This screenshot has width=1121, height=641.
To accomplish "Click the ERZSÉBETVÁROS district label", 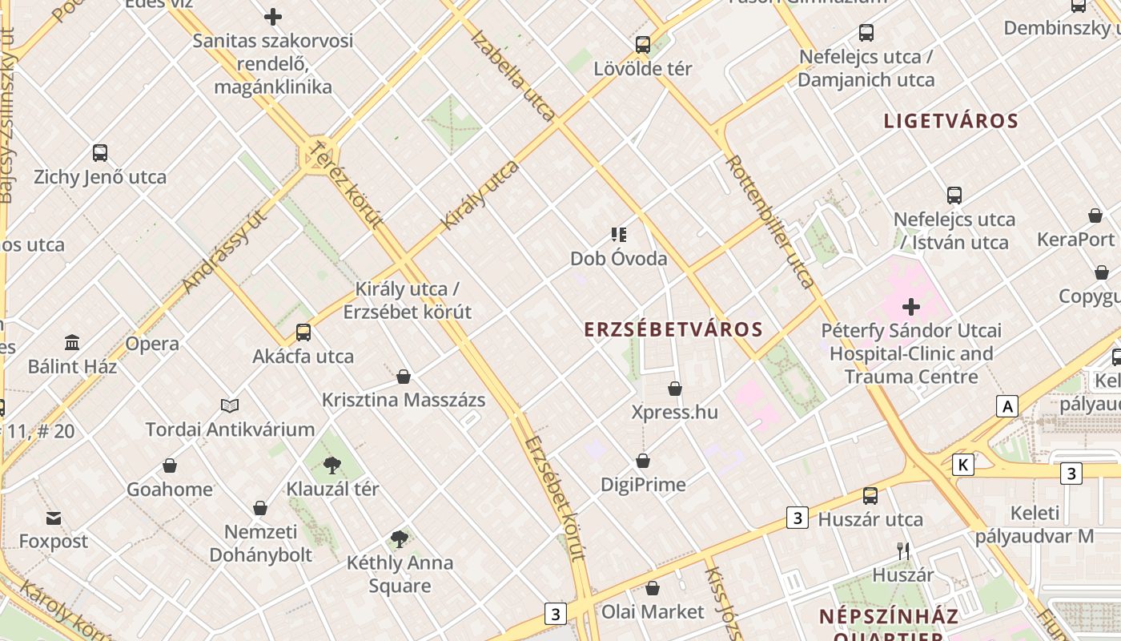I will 673,329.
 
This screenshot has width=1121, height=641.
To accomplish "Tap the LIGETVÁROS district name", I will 950,121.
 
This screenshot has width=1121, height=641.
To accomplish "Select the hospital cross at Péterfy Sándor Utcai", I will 910,307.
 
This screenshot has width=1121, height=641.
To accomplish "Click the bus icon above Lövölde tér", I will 643,45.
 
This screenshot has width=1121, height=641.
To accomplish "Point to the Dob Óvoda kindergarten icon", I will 618,235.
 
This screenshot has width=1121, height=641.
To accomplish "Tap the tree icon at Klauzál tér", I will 332,466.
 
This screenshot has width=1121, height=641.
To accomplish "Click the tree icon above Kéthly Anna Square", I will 400,539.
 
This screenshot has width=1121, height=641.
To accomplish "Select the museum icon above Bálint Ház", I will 72,343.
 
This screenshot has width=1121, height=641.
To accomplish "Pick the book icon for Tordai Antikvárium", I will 230,406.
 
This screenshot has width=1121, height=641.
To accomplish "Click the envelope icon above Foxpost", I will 53,518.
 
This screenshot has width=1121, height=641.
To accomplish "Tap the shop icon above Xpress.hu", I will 675,389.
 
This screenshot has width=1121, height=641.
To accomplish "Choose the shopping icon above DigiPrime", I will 643,462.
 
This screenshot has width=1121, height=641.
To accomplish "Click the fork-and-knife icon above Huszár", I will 903,551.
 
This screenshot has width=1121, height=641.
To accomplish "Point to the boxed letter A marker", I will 1007,406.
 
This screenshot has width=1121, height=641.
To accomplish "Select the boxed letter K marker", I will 963,465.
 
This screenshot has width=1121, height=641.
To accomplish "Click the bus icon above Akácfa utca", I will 303,333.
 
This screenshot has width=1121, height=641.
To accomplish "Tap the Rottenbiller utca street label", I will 769,221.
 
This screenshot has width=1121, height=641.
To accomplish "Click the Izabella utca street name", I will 513,75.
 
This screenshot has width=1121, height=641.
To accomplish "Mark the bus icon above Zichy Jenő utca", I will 100,153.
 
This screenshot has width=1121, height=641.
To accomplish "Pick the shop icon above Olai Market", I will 653,589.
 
